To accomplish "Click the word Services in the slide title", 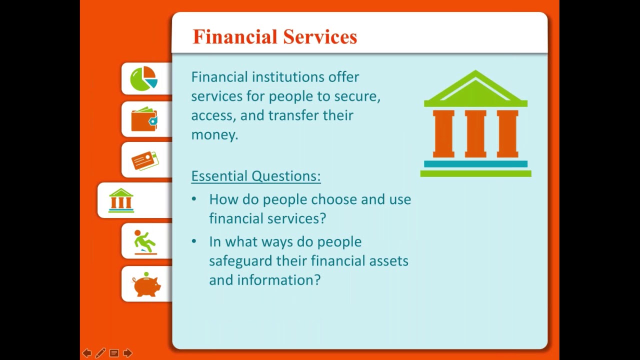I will pos(320,37).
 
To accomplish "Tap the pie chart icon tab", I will pos(144,79).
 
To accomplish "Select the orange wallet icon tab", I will pos(144,119).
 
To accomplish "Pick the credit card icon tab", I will pos(145,160).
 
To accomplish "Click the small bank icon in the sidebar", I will pos(121,200).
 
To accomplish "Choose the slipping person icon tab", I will pos(145,241).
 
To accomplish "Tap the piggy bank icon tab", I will pos(146,284).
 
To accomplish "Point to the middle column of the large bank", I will pos(475,134).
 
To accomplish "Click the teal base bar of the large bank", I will pos(475,163).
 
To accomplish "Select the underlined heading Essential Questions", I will pos(255,176).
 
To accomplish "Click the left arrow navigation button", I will pos(87,353).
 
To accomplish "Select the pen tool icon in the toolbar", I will pos(100,353).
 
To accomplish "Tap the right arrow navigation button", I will pos(127,353).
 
